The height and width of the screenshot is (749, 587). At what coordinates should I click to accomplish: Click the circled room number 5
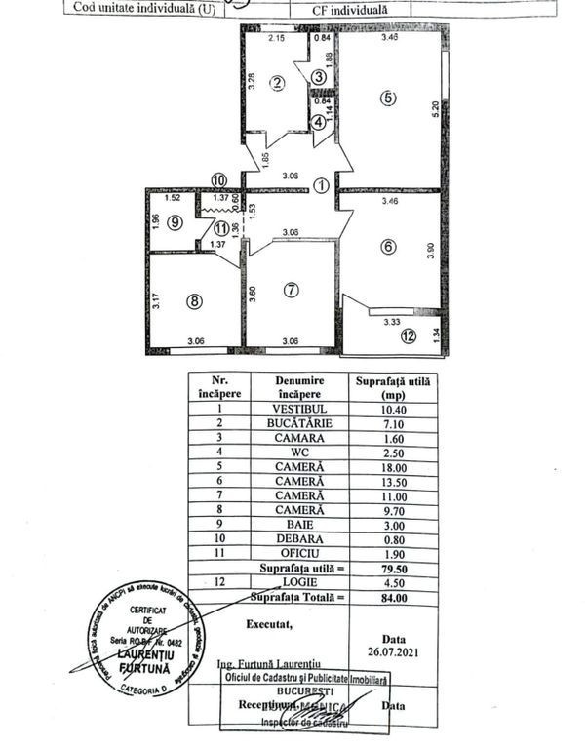388,98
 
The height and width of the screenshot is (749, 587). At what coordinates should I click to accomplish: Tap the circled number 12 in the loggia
407,337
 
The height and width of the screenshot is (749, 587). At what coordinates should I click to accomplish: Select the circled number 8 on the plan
194,302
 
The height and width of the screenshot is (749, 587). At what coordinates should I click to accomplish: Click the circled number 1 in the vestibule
321,188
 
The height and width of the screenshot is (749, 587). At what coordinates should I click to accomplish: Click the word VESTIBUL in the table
299,409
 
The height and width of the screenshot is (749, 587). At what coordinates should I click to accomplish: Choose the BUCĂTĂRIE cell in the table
299,424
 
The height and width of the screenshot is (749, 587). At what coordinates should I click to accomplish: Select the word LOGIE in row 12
299,582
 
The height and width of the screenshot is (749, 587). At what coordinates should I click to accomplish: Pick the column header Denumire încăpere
299,387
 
